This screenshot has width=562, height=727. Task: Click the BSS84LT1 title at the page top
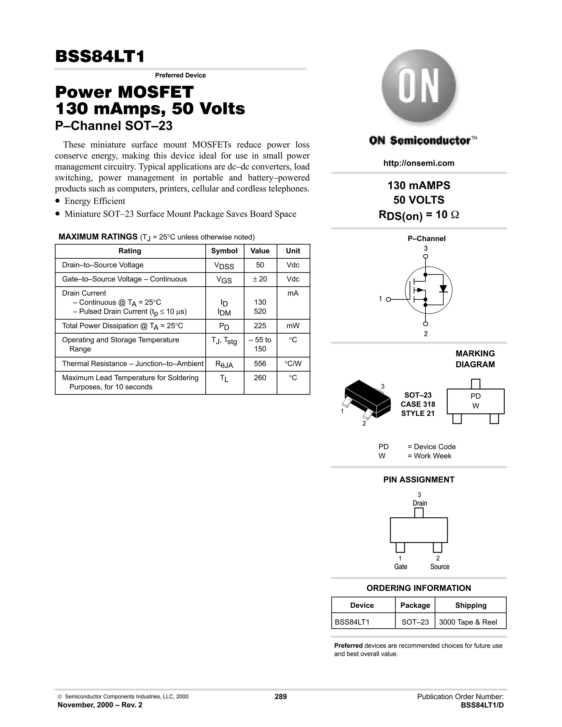click(100, 56)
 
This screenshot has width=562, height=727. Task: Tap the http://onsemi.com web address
click(418, 163)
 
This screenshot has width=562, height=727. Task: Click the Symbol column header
click(224, 251)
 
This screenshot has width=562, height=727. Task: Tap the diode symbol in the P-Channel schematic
click(443, 289)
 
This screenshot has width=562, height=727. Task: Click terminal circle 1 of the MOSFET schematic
click(388, 299)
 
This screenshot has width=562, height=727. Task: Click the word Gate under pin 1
click(401, 567)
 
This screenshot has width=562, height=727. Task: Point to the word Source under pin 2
click(440, 567)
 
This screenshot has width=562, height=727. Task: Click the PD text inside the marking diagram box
click(476, 396)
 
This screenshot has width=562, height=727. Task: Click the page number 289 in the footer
click(280, 697)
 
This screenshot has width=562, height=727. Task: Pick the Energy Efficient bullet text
click(95, 201)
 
